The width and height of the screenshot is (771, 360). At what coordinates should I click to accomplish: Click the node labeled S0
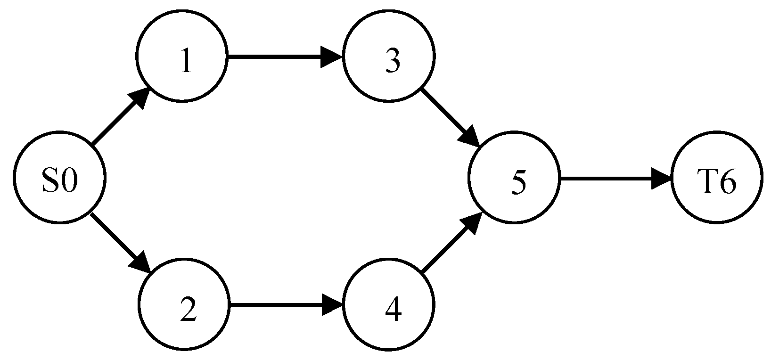59,178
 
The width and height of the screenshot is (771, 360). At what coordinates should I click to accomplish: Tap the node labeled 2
183,304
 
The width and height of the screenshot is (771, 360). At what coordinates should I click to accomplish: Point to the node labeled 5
514,178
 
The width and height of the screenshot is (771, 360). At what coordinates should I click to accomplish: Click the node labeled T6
717,178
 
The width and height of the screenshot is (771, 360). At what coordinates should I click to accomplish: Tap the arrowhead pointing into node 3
333,57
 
